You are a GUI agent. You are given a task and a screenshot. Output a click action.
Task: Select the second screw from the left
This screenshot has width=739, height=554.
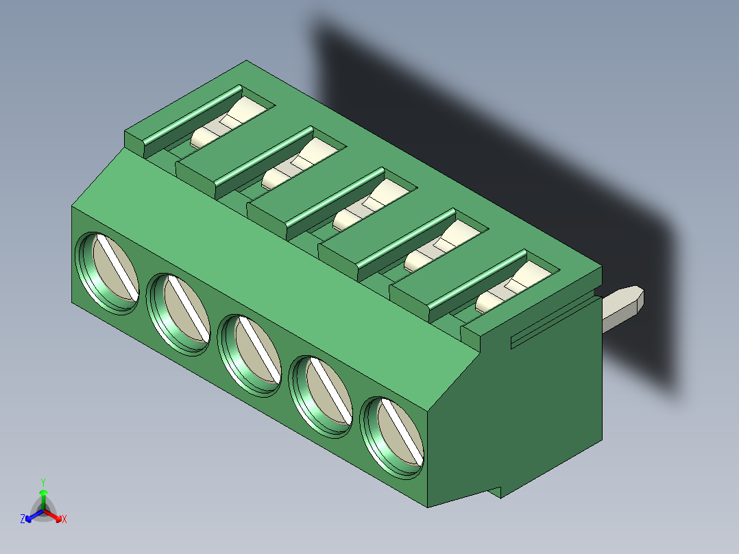click(180, 313)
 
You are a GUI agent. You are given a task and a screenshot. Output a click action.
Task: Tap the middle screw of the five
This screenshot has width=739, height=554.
click(251, 355)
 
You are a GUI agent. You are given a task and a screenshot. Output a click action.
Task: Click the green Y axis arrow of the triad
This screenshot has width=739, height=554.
click(43, 492)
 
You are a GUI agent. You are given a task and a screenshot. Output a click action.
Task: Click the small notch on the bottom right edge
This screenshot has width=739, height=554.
click(500, 490)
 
